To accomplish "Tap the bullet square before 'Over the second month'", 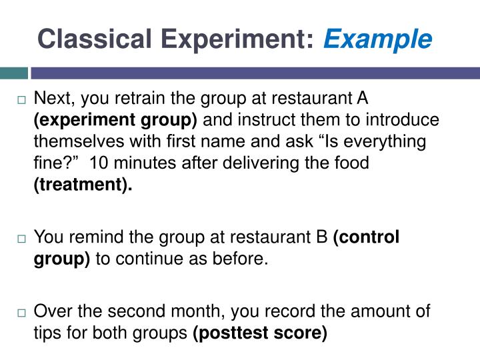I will click(x=22, y=312).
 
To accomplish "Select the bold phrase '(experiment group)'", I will click(x=115, y=121).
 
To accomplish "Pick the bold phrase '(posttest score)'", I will click(x=259, y=333).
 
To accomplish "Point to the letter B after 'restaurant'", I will click(x=323, y=237).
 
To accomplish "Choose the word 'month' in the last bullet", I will click(x=202, y=311).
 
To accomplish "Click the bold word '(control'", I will click(x=366, y=237).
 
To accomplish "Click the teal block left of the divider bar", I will click(x=13, y=73).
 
